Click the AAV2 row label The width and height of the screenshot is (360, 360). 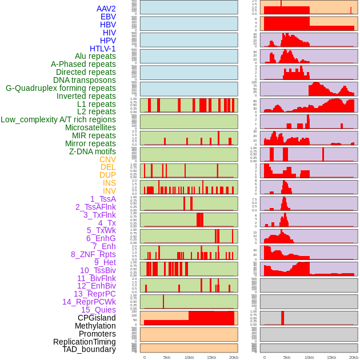[x=106, y=9]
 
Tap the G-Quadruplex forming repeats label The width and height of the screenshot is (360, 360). [x=61, y=88]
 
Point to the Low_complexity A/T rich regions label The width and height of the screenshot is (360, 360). [x=58, y=119]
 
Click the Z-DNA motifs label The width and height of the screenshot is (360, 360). [x=93, y=151]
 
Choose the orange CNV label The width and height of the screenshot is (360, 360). [x=107, y=159]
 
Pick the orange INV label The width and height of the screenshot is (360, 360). [x=109, y=191]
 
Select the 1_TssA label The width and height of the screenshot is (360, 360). [x=103, y=199]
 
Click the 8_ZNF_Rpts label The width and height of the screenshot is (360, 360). [x=93, y=254]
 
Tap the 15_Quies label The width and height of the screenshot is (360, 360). [x=98, y=310]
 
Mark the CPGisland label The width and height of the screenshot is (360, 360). [x=97, y=318]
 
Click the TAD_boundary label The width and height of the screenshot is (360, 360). [x=89, y=349]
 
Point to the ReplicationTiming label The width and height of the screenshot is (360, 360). [x=85, y=342]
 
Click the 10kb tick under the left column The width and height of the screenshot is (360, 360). [x=189, y=357]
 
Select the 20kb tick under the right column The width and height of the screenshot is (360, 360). [x=354, y=357]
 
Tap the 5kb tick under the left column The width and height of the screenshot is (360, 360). [x=167, y=357]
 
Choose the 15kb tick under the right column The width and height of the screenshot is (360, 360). [x=331, y=357]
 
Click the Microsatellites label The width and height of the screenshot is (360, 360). [x=90, y=127]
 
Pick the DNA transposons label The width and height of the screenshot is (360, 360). [x=85, y=80]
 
